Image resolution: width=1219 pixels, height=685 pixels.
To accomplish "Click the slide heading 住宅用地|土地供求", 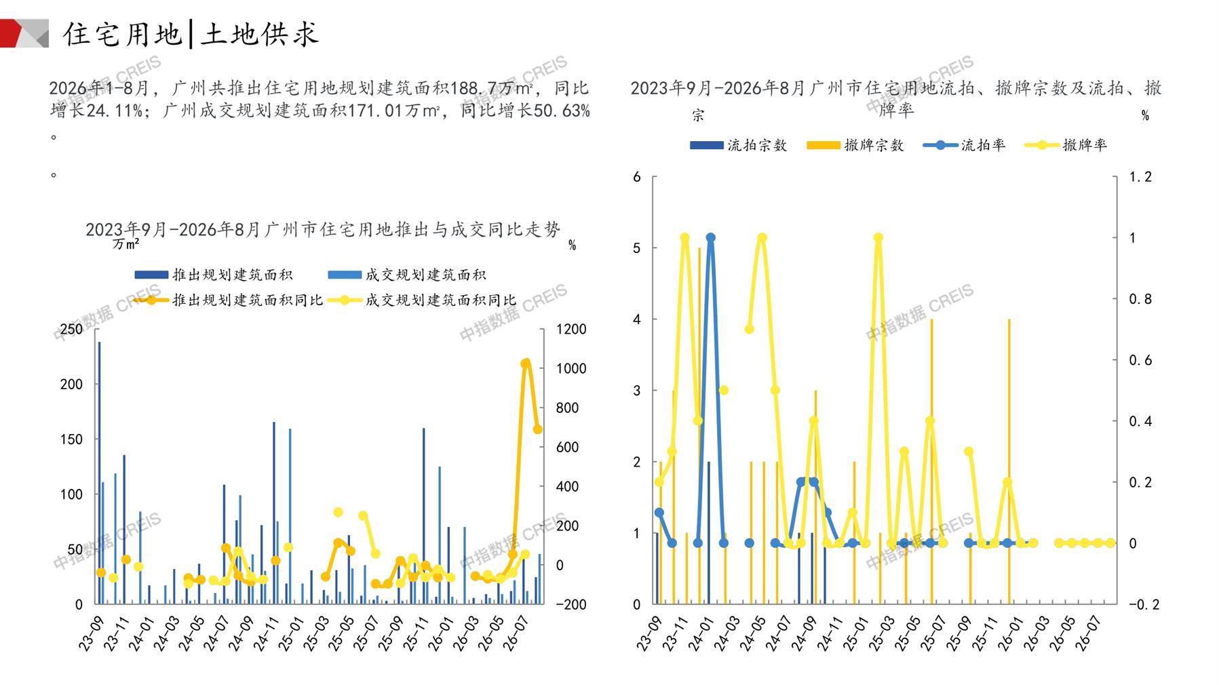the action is click(x=191, y=34).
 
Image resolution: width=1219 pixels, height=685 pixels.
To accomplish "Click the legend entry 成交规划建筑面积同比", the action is click(x=421, y=300).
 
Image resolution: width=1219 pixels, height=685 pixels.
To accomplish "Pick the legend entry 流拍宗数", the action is click(x=738, y=145).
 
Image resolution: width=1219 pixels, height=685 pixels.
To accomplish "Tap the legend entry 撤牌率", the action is click(x=1066, y=145).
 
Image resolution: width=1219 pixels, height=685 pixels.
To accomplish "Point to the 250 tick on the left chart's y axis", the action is click(x=71, y=329).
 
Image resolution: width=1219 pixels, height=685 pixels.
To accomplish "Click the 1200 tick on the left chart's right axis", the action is click(x=571, y=329).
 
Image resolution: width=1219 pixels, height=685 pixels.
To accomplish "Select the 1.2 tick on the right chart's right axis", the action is click(x=1140, y=177).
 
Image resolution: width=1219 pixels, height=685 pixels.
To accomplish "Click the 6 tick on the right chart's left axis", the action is click(x=636, y=177).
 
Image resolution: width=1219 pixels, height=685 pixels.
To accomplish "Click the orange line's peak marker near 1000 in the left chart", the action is click(x=525, y=364).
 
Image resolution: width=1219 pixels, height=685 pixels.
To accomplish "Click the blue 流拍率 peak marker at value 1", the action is click(x=710, y=238).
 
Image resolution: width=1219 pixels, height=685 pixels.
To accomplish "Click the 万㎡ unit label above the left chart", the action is click(x=126, y=244).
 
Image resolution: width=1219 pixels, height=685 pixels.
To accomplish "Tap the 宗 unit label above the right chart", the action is click(x=698, y=116).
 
